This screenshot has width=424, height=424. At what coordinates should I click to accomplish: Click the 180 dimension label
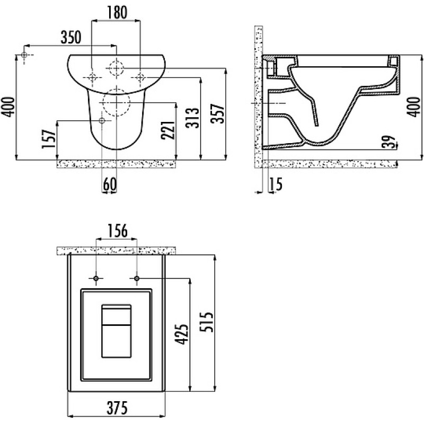click(117, 12)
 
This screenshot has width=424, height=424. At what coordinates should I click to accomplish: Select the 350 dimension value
click(71, 37)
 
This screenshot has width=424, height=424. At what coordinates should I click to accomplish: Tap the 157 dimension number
click(49, 139)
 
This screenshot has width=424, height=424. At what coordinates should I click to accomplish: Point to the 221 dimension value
click(168, 130)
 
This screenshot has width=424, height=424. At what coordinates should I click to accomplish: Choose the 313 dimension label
click(192, 118)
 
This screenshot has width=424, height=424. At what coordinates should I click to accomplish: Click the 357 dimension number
click(218, 113)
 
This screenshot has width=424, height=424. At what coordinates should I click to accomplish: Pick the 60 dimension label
click(110, 184)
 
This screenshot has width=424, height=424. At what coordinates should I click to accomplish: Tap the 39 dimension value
click(389, 142)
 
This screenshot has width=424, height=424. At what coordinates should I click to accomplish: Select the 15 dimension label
click(276, 184)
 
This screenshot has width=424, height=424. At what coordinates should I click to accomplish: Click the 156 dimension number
click(117, 231)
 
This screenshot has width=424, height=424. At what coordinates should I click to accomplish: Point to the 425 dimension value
click(181, 334)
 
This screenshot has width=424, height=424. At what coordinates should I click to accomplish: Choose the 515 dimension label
click(206, 322)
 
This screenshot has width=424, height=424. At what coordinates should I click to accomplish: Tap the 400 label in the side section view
click(414, 107)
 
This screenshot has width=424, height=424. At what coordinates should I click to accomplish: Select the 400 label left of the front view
click(8, 107)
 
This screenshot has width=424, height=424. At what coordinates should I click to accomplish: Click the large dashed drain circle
click(117, 102)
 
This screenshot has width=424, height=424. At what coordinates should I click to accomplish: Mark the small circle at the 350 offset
click(24, 55)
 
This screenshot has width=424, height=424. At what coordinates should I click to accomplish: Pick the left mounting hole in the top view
click(96, 278)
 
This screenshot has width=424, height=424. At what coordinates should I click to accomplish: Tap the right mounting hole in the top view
click(137, 278)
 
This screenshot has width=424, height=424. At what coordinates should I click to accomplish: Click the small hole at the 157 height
click(102, 121)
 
